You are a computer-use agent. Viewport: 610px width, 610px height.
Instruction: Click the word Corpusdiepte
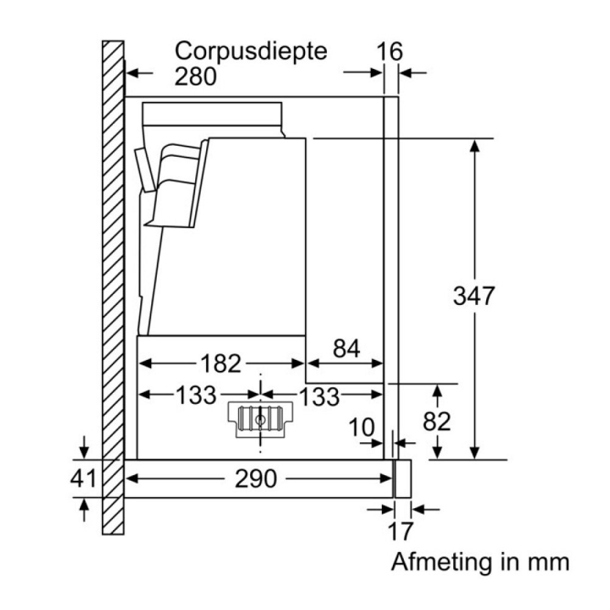point(251,51)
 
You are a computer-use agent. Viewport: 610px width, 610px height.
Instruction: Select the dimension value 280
point(195,77)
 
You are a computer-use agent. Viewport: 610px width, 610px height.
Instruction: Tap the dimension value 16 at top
point(389,52)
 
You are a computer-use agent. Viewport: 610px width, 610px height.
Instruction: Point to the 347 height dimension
point(474,296)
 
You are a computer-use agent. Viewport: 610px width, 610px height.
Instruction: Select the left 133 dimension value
point(196,396)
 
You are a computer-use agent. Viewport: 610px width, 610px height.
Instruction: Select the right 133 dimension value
point(318,396)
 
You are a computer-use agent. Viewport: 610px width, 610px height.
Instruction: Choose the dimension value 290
point(256,479)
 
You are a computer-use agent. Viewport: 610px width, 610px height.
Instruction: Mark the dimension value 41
point(83,479)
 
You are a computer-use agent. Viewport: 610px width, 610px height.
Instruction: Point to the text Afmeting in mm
point(480,561)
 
